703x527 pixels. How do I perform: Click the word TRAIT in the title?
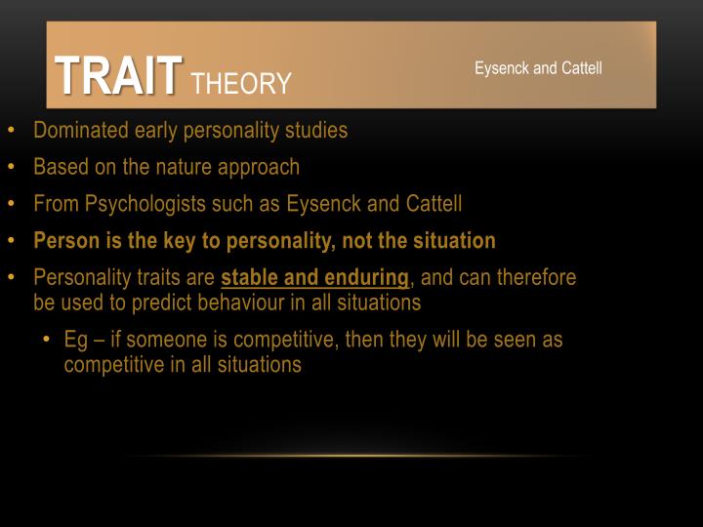point(118,75)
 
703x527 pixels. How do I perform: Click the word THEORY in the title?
point(241,84)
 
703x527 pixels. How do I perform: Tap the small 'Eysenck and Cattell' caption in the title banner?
point(538,68)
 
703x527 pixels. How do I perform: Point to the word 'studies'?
point(314,130)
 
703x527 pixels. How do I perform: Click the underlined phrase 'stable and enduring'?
point(314,278)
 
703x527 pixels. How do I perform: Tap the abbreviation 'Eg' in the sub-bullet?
point(76,341)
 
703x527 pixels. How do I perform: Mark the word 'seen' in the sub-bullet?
point(509,341)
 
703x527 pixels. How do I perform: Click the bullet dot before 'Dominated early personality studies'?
point(11,131)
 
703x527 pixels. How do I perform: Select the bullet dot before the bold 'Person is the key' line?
point(11,241)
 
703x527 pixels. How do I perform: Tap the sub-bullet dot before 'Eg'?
point(47,341)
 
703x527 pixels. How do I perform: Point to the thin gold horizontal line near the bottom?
point(351,455)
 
